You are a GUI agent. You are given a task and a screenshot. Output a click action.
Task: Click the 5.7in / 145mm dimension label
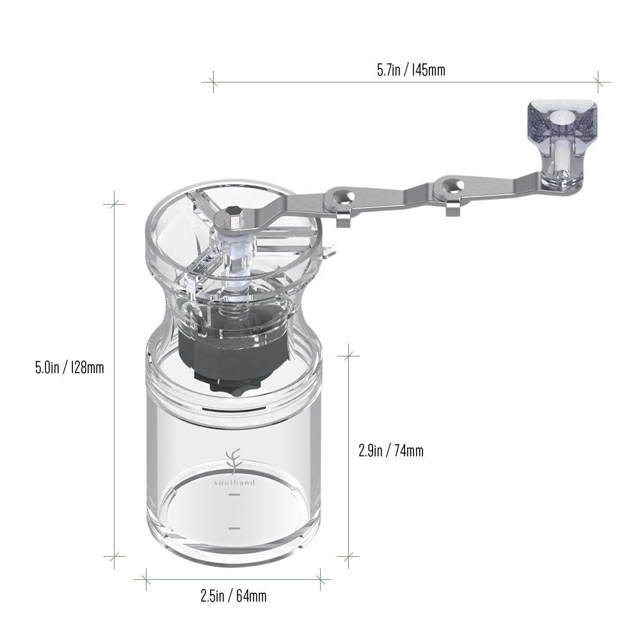click(x=411, y=70)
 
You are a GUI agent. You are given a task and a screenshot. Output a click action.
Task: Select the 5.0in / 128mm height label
click(x=69, y=367)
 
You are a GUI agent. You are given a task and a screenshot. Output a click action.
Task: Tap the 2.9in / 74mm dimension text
click(x=391, y=451)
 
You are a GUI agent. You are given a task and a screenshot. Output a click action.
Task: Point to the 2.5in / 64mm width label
click(x=234, y=596)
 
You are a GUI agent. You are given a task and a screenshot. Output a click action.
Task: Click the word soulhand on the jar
click(x=235, y=483)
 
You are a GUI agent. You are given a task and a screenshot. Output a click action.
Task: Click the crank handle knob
click(x=563, y=145)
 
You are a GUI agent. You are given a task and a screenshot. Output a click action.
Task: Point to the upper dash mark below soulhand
click(x=234, y=494)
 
